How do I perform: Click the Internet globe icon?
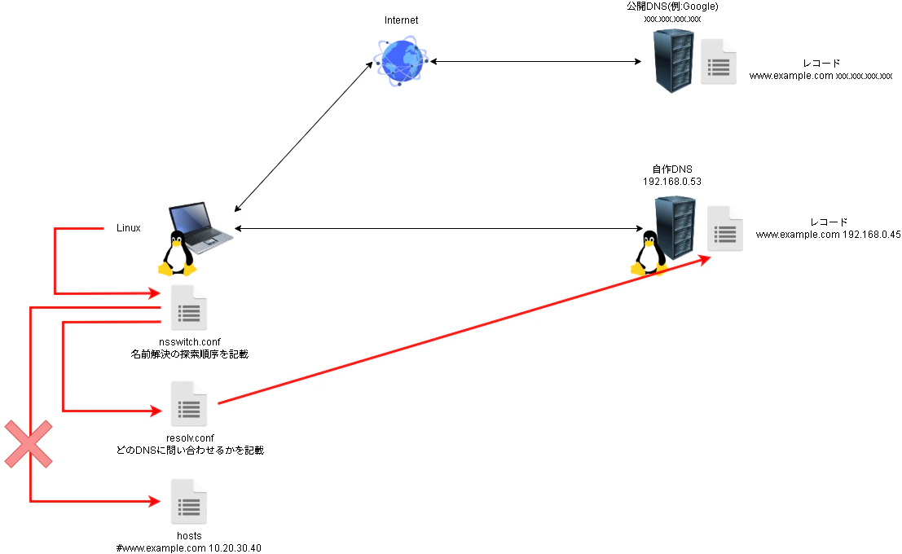[401, 62]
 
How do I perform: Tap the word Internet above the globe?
[401, 20]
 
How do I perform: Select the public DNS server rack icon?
[674, 61]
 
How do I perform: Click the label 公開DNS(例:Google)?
[672, 7]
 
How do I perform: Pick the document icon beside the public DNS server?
[719, 61]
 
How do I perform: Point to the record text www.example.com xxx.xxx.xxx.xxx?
[821, 76]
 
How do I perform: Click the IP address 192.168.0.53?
[672, 182]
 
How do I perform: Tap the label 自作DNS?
[672, 169]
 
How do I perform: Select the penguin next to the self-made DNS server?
[648, 253]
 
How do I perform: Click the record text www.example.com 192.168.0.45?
[828, 234]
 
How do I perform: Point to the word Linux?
[128, 228]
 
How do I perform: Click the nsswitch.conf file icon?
[189, 309]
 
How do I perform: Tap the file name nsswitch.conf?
[190, 341]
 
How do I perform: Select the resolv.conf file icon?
[189, 403]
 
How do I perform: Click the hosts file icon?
[189, 502]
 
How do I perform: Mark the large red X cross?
[29, 444]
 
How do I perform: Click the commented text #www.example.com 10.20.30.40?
[189, 548]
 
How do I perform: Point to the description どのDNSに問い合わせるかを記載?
[190, 450]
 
